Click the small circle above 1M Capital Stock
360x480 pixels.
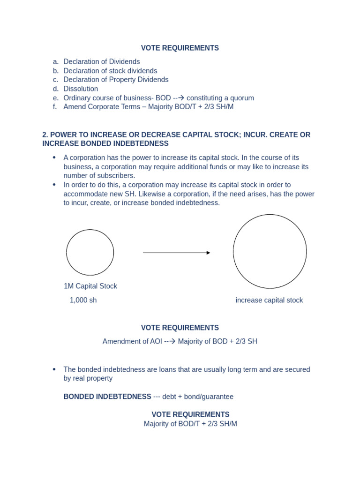point(90,252)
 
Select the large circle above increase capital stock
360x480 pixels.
point(270,251)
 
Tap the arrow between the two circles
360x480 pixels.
point(176,253)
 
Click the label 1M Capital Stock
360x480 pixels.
point(90,286)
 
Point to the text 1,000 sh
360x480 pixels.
point(83,300)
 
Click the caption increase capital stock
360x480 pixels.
point(269,300)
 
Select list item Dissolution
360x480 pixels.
point(81,89)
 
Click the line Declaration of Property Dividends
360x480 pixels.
point(116,80)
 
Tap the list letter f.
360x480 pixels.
point(55,107)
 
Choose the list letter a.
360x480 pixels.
point(56,61)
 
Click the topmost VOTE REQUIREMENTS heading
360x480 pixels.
point(180,48)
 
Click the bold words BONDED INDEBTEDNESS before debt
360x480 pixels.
point(107,397)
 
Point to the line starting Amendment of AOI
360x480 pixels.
point(180,341)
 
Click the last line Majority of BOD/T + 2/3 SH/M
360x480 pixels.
point(190,424)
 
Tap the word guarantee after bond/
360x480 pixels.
point(219,397)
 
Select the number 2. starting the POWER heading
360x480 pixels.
point(45,135)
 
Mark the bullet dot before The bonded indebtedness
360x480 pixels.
point(54,369)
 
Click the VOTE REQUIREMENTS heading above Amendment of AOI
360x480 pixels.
point(180,328)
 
